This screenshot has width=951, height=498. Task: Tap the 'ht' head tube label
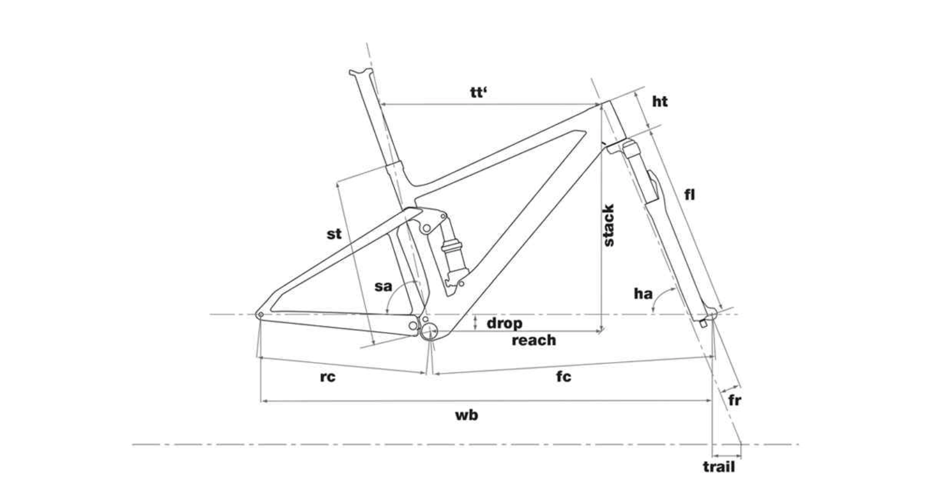(x=660, y=101)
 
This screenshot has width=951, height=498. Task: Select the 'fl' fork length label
(x=690, y=195)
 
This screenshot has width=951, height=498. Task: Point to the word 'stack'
(x=608, y=225)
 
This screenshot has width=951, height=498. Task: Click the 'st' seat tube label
(x=334, y=233)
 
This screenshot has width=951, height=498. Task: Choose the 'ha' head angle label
(x=643, y=294)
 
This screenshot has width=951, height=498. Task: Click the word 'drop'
(x=504, y=323)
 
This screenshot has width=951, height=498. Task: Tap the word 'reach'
(x=534, y=340)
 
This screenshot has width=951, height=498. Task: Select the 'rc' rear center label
(x=327, y=377)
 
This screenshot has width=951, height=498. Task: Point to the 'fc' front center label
(x=564, y=376)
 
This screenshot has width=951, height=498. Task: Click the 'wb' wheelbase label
(x=466, y=414)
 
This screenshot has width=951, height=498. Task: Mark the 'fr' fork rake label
(x=735, y=399)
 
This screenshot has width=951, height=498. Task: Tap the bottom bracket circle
(x=430, y=331)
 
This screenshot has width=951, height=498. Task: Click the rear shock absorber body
(x=452, y=254)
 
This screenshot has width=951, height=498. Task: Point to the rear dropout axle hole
(x=260, y=315)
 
